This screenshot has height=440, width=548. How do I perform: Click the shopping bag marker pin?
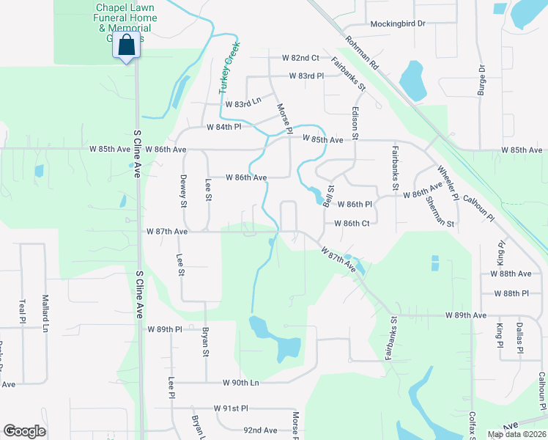[127, 45]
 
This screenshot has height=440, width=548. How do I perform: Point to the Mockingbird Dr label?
[398, 23]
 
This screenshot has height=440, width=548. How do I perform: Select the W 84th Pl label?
[224, 127]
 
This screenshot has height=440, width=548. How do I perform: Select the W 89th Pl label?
[164, 329]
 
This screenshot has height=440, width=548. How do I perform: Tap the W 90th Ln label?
[242, 383]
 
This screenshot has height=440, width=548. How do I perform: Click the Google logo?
[24, 431]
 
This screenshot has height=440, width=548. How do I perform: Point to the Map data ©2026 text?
[516, 434]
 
